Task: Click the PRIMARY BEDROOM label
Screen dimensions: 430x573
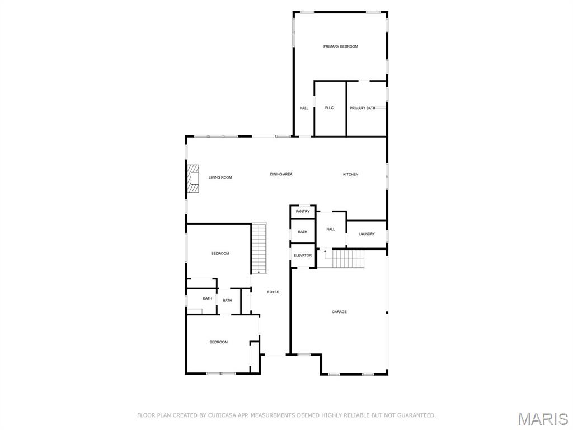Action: [x=340, y=46]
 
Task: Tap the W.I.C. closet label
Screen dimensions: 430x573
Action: [x=330, y=108]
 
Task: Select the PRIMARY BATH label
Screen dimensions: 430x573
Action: [x=362, y=108]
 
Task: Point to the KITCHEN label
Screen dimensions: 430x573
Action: [x=350, y=175]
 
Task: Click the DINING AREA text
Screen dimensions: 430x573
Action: [x=281, y=175]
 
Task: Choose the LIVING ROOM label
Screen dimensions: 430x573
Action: [x=220, y=177]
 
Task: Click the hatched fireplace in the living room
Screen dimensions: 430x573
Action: [x=194, y=179]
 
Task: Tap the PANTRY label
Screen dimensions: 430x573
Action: [x=303, y=212]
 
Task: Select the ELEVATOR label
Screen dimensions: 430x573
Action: [x=303, y=256]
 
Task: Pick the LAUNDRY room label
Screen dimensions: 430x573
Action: [x=367, y=234]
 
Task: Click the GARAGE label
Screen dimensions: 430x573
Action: [x=339, y=312]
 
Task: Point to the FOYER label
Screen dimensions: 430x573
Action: [x=273, y=292]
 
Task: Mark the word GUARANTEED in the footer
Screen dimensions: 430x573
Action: [x=414, y=415]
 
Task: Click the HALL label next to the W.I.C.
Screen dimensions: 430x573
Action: [x=304, y=108]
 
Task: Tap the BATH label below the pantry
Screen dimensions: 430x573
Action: [x=303, y=232]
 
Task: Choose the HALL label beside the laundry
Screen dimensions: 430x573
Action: [x=331, y=229]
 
